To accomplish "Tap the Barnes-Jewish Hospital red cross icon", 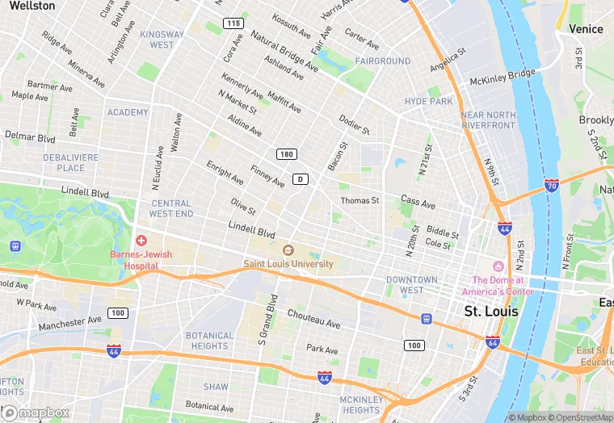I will pyautogui.click(x=141, y=241).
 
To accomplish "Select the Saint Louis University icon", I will pyautogui.click(x=288, y=249).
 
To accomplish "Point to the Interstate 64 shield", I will pyautogui.click(x=493, y=342).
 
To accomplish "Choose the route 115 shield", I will pyautogui.click(x=233, y=23).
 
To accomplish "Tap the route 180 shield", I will pyautogui.click(x=286, y=154).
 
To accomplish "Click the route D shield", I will pyautogui.click(x=301, y=178).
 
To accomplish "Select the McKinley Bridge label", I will pyautogui.click(x=503, y=74).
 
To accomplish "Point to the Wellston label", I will pyautogui.click(x=32, y=6).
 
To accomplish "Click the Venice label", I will pyautogui.click(x=586, y=29).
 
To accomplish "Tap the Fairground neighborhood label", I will pyautogui.click(x=383, y=61).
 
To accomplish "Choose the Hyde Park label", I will pyautogui.click(x=429, y=102).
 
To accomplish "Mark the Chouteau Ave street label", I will pyautogui.click(x=313, y=319).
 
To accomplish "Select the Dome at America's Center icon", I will pyautogui.click(x=498, y=266).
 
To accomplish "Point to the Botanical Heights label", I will pyautogui.click(x=209, y=341).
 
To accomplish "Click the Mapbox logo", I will pyautogui.click(x=36, y=413).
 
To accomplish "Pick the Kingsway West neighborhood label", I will pyautogui.click(x=162, y=40).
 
